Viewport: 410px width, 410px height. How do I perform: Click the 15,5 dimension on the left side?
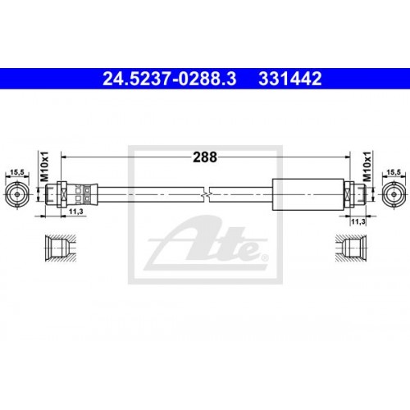coord(16,172)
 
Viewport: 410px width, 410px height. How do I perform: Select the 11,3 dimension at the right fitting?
coord(357,221)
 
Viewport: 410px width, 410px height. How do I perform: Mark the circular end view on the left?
coord(16,194)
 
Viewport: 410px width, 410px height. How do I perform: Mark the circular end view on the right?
coord(394,194)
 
